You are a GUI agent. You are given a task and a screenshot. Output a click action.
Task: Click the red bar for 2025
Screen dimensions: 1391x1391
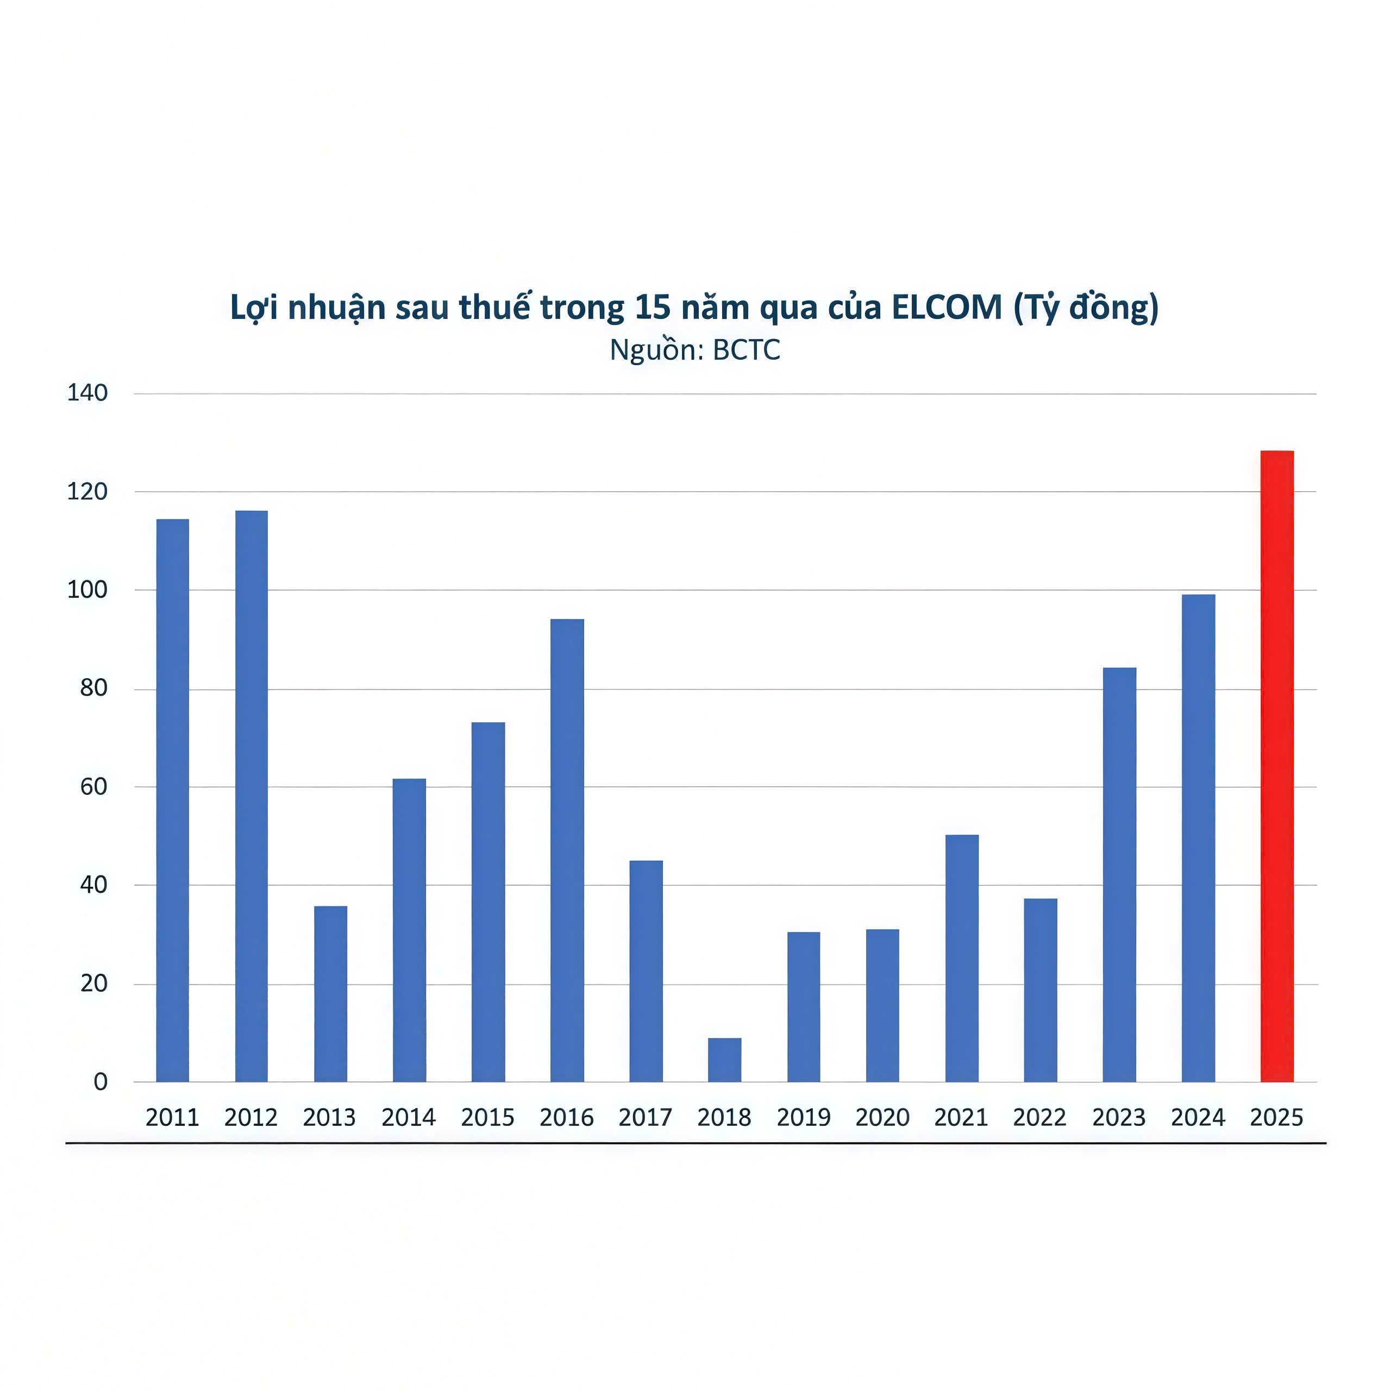pos(1276,766)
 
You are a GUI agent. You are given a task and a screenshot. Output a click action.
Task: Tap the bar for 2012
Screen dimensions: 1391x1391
pos(251,795)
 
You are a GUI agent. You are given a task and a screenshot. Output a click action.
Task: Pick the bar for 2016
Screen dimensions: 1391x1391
pos(567,850)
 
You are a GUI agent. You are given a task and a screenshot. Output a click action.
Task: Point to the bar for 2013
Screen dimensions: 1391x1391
pos(330,994)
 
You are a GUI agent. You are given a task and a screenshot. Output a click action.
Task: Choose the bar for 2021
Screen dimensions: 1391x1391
pos(961,957)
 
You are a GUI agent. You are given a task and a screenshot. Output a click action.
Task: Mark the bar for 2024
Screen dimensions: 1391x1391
pos(1198,837)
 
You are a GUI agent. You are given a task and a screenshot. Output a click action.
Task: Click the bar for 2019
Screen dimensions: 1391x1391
pos(804,1006)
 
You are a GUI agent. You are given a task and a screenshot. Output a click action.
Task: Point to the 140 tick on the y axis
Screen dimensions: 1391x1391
pos(87,393)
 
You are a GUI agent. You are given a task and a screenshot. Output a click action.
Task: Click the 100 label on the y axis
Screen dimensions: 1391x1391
pos(87,590)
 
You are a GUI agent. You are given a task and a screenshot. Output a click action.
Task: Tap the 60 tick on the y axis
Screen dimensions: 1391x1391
pos(93,786)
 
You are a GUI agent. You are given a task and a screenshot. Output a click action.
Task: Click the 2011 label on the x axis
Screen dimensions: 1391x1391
pos(172,1117)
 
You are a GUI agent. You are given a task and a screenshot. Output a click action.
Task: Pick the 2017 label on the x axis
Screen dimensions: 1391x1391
pos(645,1117)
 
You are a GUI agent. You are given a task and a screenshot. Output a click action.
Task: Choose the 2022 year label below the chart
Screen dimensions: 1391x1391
pos(1039,1117)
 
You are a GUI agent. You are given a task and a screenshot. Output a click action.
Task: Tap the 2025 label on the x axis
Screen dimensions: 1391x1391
pos(1276,1117)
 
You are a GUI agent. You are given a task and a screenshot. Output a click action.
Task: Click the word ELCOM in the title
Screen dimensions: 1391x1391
pos(947,308)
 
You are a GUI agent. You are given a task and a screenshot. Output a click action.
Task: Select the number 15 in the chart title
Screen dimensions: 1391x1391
pos(652,308)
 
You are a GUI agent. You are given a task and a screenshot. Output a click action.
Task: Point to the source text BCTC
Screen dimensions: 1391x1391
pos(746,350)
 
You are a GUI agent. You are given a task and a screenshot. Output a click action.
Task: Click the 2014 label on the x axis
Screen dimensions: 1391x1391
pos(409,1117)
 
